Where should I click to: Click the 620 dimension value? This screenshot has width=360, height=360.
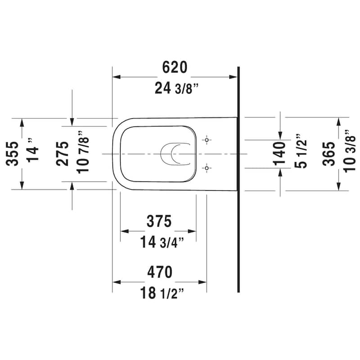(x=174, y=68)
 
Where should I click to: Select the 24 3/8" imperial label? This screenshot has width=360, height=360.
(x=176, y=89)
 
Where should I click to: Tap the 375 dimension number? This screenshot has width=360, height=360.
(x=159, y=221)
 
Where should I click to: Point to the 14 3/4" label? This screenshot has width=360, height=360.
(x=162, y=243)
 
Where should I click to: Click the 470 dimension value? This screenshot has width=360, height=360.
(x=159, y=272)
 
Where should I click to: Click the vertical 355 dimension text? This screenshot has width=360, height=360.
(x=13, y=153)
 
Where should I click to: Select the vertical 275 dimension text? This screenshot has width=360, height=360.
(x=63, y=153)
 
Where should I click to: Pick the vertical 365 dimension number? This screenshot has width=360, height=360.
(x=329, y=153)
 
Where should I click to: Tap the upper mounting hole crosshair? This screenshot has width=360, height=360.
(x=207, y=140)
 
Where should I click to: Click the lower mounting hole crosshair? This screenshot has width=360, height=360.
(x=207, y=168)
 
